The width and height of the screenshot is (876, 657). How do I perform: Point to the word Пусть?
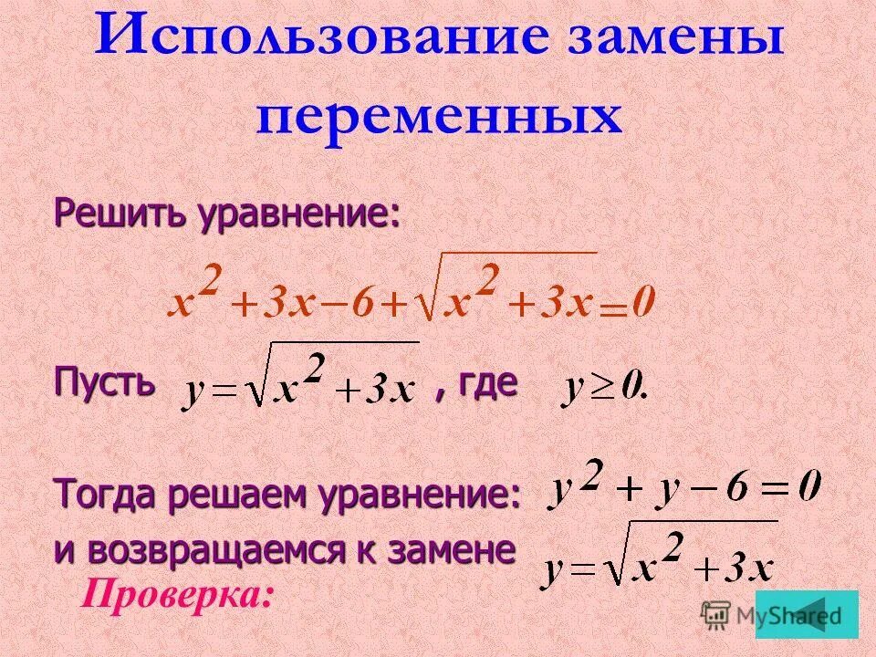(x=103, y=381)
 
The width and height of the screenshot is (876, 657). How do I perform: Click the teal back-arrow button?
(x=807, y=613)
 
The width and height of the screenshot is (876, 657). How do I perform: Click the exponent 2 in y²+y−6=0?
(x=593, y=476)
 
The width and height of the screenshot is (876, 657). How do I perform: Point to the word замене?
(x=461, y=550)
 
